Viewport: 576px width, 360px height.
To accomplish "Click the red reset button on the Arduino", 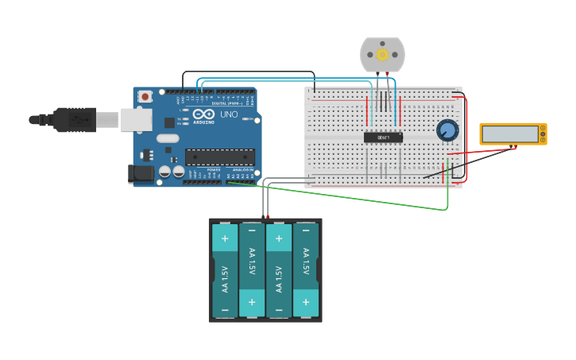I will pos(145,97).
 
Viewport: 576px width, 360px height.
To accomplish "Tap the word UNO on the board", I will pos(229,114).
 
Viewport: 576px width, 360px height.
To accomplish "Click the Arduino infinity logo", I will pos(203,114).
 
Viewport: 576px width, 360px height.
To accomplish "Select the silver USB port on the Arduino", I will pos(136,120).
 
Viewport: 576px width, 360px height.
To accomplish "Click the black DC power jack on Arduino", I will pos(141,173).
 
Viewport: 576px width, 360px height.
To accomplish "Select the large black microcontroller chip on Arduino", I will pos(220,157).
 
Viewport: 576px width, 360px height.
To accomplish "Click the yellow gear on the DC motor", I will pos(382,54).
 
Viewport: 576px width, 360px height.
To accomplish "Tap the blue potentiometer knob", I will pos(447,130).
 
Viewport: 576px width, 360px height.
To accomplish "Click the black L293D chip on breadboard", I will pos(383,137).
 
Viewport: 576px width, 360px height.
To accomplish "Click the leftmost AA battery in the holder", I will pos(225,270).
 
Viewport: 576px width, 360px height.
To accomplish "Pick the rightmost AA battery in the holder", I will pos(306,270).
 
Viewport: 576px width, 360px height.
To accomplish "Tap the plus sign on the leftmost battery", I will pos(225,238).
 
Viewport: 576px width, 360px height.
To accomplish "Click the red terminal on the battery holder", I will pos(268,216).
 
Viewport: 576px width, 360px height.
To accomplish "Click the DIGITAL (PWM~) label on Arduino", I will pos(224,103).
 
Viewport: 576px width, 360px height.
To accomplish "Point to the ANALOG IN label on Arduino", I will pos(244,170).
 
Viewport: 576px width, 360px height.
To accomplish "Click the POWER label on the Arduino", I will pos(214,170).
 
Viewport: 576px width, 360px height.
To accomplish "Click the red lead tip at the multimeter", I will pos(513,147).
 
